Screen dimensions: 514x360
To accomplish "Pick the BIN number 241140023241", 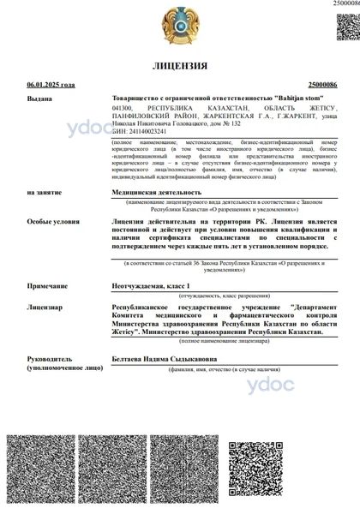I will (149, 130).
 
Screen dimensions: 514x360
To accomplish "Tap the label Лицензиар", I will (45, 304).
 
